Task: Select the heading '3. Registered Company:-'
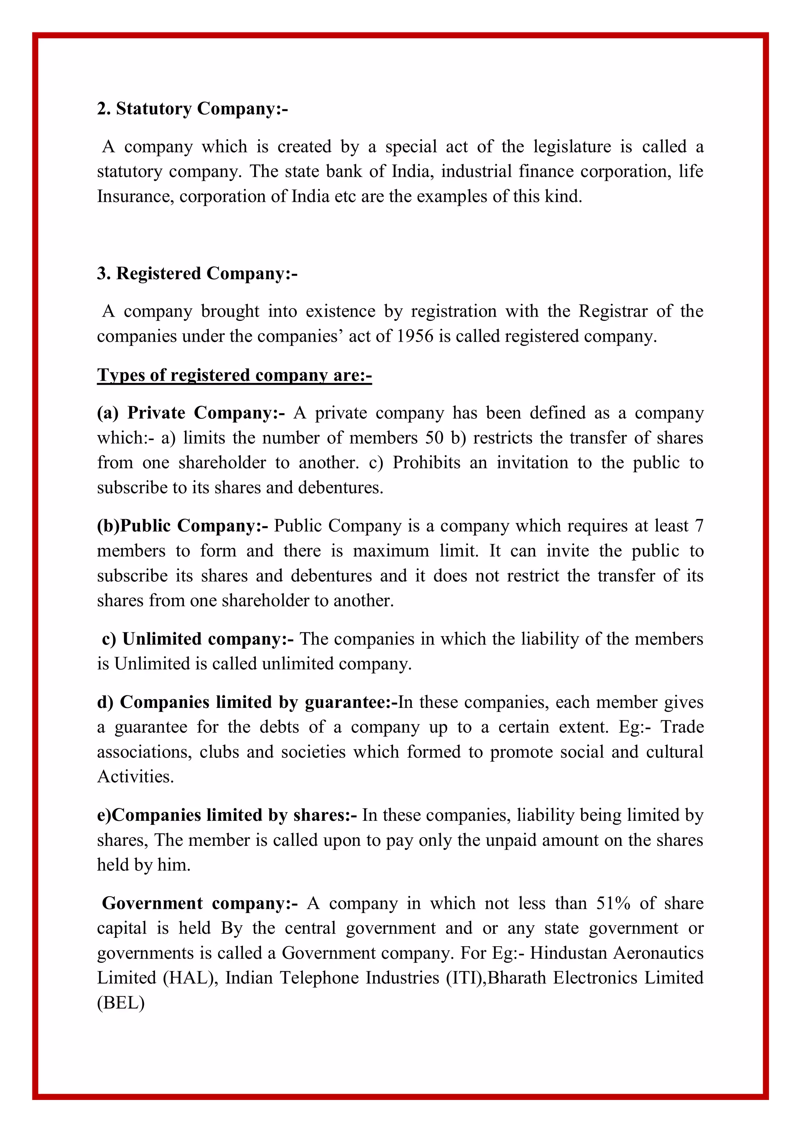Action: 197,274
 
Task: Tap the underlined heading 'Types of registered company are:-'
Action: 234,375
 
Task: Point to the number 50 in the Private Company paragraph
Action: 435,438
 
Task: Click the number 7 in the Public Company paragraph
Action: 699,526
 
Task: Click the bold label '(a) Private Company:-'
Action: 191,413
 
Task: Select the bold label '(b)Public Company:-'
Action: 183,526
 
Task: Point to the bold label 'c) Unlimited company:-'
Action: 198,639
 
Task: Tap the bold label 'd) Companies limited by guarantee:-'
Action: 247,702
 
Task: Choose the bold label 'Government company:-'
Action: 200,903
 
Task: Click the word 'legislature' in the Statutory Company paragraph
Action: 572,147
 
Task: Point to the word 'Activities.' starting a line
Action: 136,777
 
